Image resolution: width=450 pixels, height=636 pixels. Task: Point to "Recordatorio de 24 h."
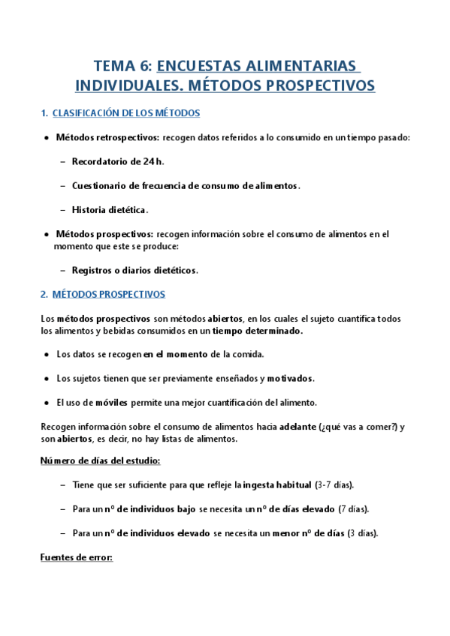click(x=118, y=161)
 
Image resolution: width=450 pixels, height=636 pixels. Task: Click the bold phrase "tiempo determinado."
click(x=258, y=331)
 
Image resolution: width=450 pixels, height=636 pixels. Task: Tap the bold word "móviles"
click(x=111, y=402)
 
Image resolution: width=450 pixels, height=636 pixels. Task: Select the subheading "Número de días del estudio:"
click(x=100, y=460)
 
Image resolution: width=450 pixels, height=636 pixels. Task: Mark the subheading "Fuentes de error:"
click(x=77, y=558)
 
